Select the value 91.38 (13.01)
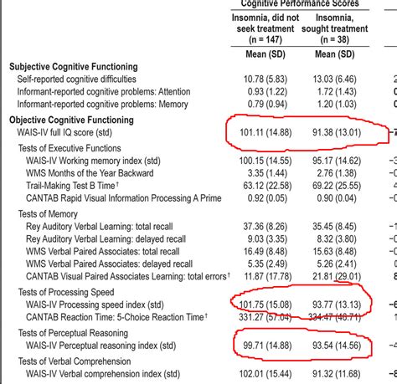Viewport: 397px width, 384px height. coord(336,131)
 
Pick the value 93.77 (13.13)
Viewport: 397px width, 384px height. coord(336,304)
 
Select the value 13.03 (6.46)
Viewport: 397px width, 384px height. coord(336,78)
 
